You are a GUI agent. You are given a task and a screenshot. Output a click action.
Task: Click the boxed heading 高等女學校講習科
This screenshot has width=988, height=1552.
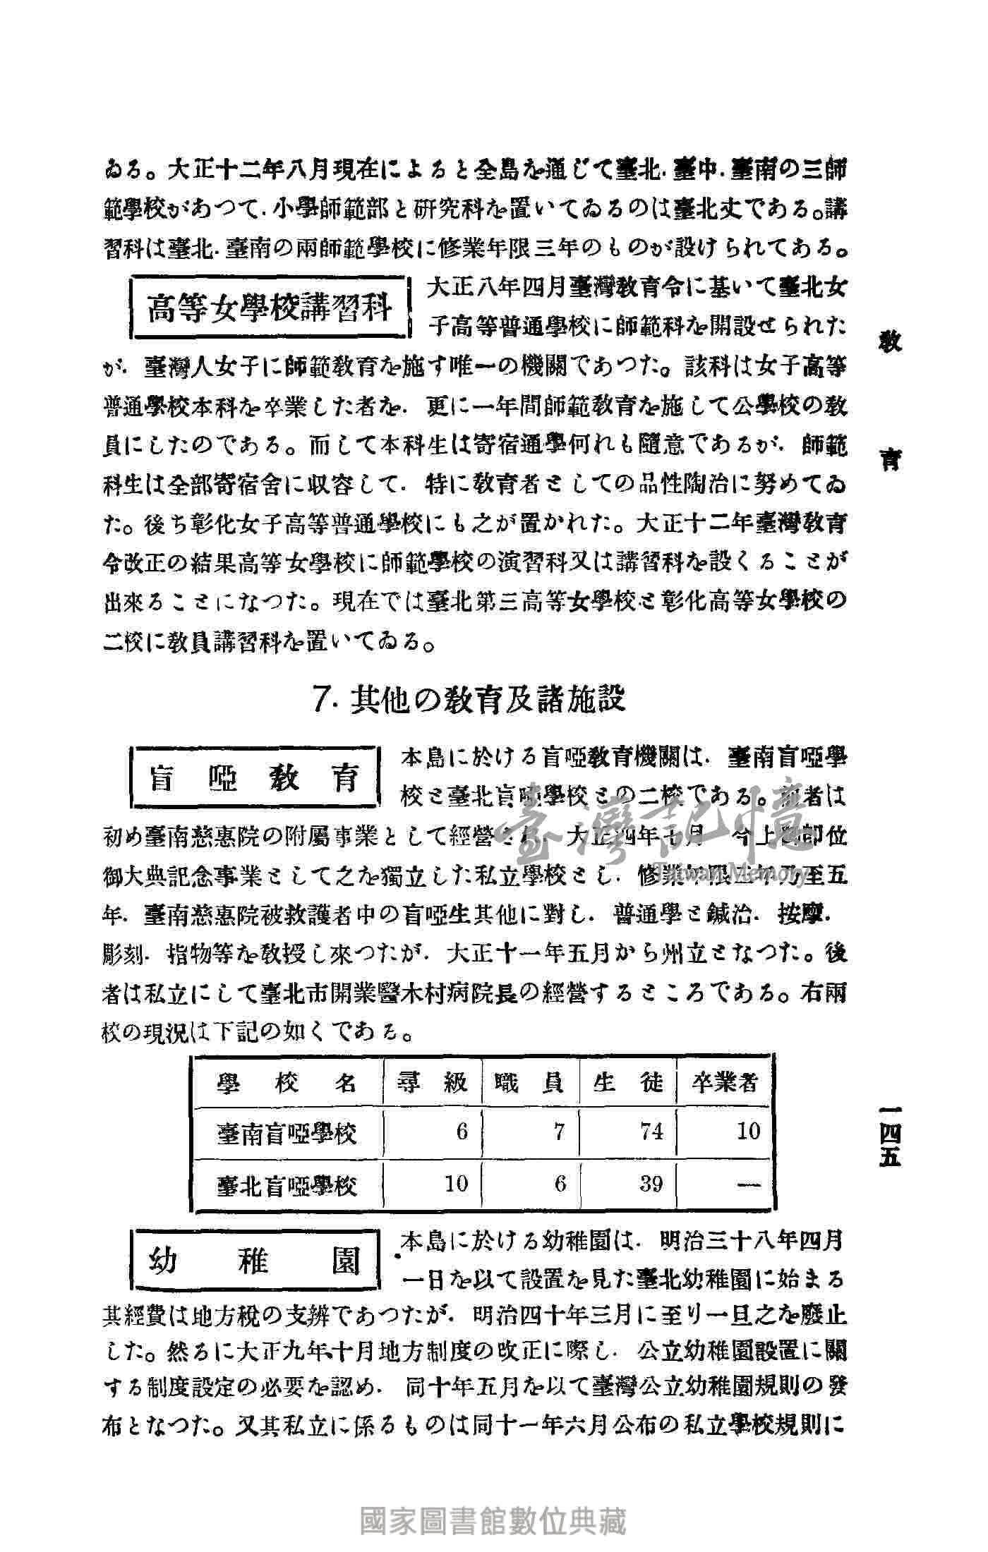coord(270,308)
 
